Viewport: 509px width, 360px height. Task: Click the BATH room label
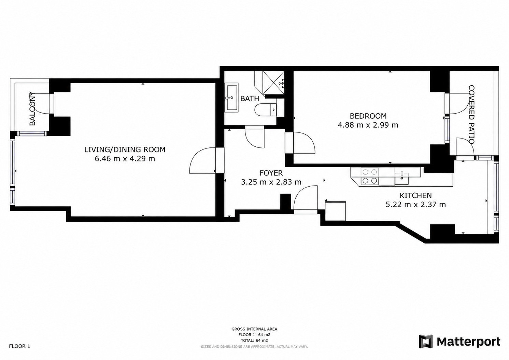pyautogui.click(x=250, y=98)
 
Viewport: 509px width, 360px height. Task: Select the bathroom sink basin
pyautogui.click(x=231, y=98)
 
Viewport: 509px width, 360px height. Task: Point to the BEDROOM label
pyautogui.click(x=368, y=116)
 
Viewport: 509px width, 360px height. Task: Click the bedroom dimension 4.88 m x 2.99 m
pyautogui.click(x=368, y=125)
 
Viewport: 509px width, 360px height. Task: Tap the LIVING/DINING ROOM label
pyautogui.click(x=125, y=149)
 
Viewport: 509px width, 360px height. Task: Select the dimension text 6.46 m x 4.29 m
pyautogui.click(x=125, y=159)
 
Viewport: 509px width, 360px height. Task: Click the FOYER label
pyautogui.click(x=271, y=173)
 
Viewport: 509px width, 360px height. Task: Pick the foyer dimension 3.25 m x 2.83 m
pyautogui.click(x=271, y=182)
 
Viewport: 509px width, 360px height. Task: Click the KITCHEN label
pyautogui.click(x=415, y=196)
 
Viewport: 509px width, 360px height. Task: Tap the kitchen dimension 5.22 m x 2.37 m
pyautogui.click(x=415, y=205)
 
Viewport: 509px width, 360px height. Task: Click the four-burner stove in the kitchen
pyautogui.click(x=370, y=176)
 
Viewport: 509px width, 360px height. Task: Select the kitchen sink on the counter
pyautogui.click(x=401, y=178)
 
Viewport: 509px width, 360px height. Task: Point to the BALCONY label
pyautogui.click(x=32, y=109)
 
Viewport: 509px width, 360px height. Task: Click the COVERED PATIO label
pyautogui.click(x=471, y=114)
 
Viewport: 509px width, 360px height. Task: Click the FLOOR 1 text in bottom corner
pyautogui.click(x=19, y=346)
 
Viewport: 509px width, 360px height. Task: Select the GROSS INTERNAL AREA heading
pyautogui.click(x=254, y=329)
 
